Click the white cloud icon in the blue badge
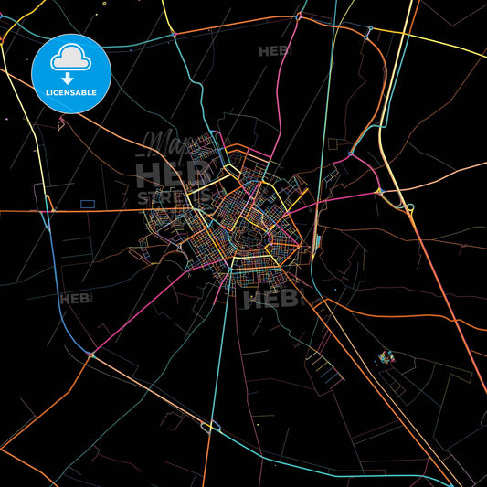click(x=69, y=59)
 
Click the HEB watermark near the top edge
click(x=275, y=51)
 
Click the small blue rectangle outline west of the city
click(x=88, y=203)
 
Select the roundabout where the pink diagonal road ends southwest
click(x=90, y=355)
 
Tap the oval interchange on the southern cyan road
click(x=211, y=425)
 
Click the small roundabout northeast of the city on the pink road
click(x=349, y=156)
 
